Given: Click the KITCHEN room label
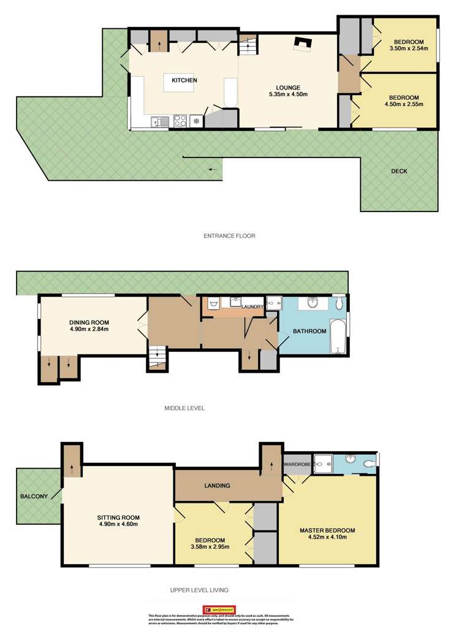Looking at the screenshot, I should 184,81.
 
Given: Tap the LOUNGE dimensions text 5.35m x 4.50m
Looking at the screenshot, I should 287,94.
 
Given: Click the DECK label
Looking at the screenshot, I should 399,172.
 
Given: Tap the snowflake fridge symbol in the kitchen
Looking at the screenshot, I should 196,121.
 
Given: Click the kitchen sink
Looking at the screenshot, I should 161,122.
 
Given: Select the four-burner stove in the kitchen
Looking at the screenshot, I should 181,121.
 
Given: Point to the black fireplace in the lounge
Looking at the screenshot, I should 303,44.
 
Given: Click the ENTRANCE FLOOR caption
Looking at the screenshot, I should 229,235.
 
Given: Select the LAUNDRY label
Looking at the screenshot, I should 252,307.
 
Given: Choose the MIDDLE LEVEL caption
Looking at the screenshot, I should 184,408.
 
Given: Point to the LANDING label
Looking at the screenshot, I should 218,486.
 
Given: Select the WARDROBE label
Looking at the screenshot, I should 297,464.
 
